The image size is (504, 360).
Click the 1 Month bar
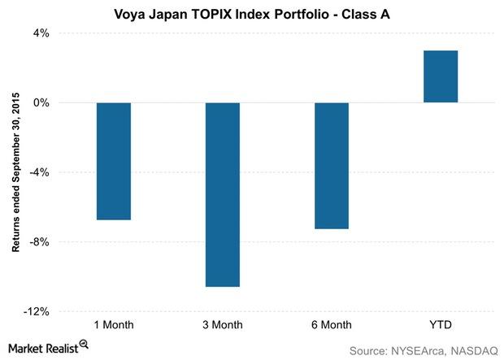click(113, 161)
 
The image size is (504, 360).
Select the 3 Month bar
click(222, 194)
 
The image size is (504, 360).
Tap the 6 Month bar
click(331, 166)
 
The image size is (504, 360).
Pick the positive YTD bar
click(441, 76)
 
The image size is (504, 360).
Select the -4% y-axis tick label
click(39, 172)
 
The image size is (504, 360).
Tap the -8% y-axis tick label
click(39, 242)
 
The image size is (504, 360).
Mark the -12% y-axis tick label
click(37, 311)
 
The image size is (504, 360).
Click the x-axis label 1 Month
click(113, 326)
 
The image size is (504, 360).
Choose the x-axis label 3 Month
click(222, 326)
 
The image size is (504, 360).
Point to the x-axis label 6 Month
click(331, 326)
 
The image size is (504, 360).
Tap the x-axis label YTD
click(441, 326)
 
